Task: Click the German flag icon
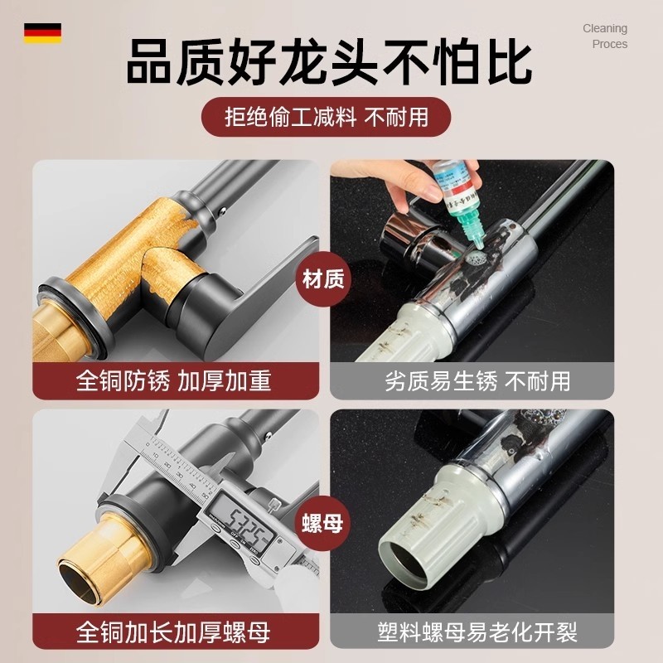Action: pyautogui.click(x=42, y=32)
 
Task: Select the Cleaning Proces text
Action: pyautogui.click(x=604, y=36)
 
